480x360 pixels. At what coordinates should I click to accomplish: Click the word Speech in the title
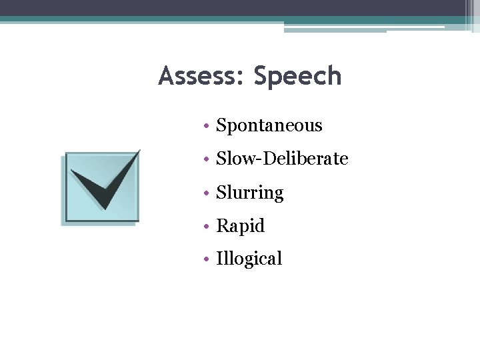[x=297, y=77]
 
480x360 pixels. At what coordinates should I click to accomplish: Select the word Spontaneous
[x=269, y=126]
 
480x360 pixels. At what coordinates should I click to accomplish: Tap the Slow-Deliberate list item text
[x=282, y=159]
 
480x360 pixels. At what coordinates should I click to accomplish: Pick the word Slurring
[x=250, y=193]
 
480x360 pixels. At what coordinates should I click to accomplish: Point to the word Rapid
[x=241, y=227]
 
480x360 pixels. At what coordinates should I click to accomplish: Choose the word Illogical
[x=249, y=259]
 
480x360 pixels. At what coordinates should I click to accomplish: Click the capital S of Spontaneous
[x=221, y=125]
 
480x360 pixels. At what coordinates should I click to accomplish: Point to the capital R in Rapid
[x=222, y=226]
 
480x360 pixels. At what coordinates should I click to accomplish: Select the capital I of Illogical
[x=219, y=259]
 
